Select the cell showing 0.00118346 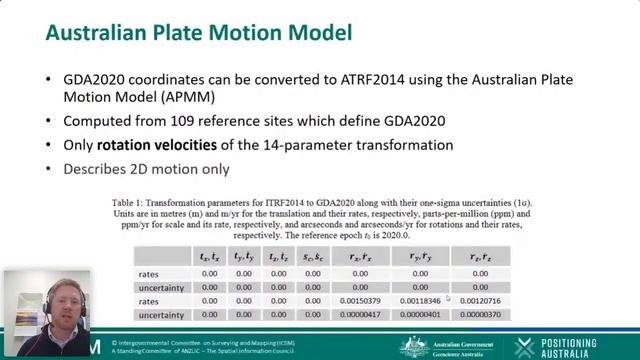pyautogui.click(x=420, y=301)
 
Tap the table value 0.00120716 pyautogui.click(x=480, y=301)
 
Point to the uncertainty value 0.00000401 pyautogui.click(x=420, y=315)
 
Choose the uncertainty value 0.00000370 pyautogui.click(x=480, y=315)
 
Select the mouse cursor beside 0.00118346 pyautogui.click(x=447, y=297)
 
